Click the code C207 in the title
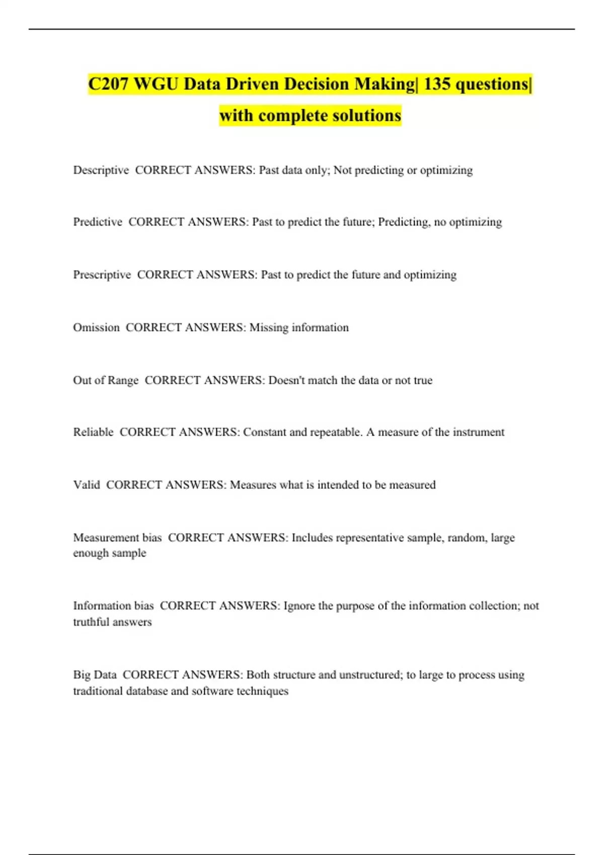pyautogui.click(x=109, y=84)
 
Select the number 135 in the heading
pyautogui.click(x=436, y=84)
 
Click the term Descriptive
pyautogui.click(x=101, y=170)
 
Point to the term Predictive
pyautogui.click(x=98, y=222)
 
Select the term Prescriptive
pyautogui.click(x=102, y=275)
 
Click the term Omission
pyautogui.click(x=96, y=327)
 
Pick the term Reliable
pyautogui.click(x=93, y=432)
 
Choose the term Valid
pyautogui.click(x=87, y=485)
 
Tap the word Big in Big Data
pyautogui.click(x=81, y=674)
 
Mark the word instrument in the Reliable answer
pyautogui.click(x=478, y=432)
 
